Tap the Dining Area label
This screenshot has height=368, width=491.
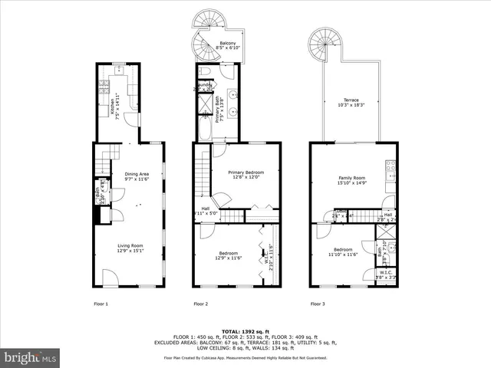tap(137, 176)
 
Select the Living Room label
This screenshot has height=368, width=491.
tap(130, 247)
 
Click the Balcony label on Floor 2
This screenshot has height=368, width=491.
tap(228, 45)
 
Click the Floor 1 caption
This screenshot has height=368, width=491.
tap(101, 304)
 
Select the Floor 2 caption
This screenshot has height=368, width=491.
tap(201, 304)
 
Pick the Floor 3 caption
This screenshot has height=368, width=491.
tap(318, 304)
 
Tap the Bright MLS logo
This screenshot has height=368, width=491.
tap(30, 357)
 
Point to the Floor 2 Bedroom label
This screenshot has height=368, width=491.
tap(228, 256)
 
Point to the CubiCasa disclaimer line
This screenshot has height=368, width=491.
tap(245, 357)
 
